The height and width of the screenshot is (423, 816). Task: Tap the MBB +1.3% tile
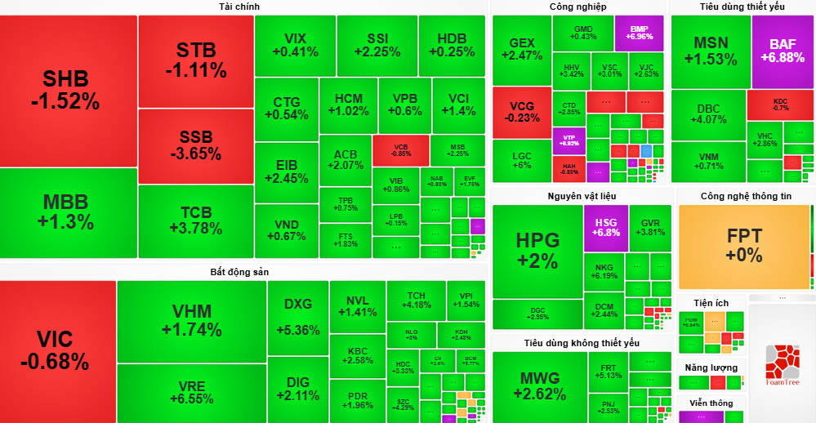[x=69, y=212]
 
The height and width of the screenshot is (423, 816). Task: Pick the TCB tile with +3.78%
[x=196, y=221]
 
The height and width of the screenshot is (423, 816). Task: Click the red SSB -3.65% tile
[x=196, y=145]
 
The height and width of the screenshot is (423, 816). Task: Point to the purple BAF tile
[x=782, y=51]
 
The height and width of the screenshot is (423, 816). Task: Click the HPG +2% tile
[x=537, y=250]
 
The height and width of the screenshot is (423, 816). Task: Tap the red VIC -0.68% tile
[x=57, y=350]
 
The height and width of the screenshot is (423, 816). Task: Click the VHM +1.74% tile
[x=191, y=320]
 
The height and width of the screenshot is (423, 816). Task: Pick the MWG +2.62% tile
[x=539, y=385]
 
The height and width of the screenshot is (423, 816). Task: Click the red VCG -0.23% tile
[x=521, y=112]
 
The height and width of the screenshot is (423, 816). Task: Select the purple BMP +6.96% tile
[x=640, y=33]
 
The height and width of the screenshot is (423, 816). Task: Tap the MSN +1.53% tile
[x=710, y=51]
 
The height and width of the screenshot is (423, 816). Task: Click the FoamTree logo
[x=782, y=364]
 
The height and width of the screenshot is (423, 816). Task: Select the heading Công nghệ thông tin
[x=746, y=196]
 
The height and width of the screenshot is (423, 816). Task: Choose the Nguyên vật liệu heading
[x=582, y=196]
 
